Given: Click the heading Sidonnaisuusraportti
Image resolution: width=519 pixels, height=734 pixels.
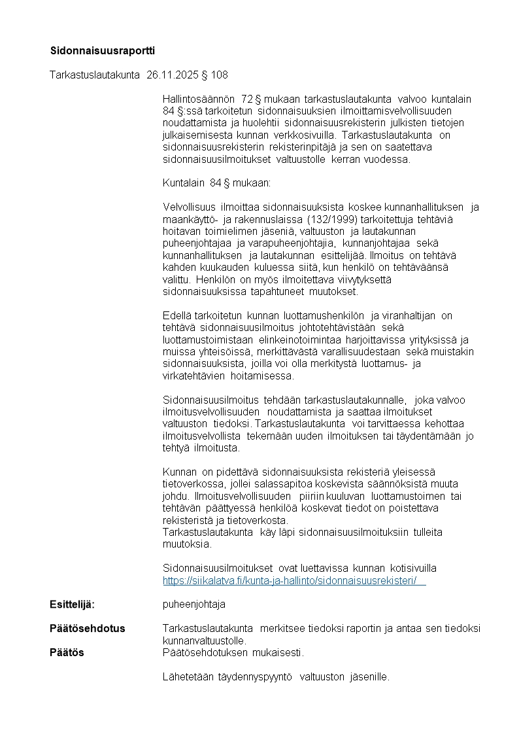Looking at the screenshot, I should coord(103,50).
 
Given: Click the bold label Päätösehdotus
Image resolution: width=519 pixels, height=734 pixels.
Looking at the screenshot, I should coord(88,629).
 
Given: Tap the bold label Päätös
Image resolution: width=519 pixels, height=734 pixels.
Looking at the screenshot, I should coord(67,652).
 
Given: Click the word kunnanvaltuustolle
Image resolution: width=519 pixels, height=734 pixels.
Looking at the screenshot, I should coord(204,640).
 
